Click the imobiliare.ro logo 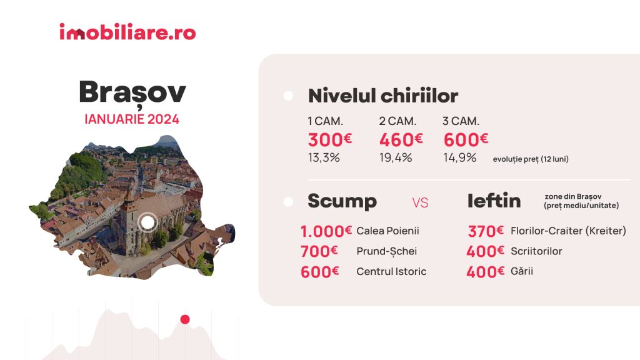(127, 32)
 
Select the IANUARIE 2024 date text (132, 119)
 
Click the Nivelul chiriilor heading (383, 96)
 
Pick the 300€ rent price (330, 139)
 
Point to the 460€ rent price (401, 139)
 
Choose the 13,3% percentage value (324, 157)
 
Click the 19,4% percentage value (396, 157)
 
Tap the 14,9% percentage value (459, 157)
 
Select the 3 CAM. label (461, 121)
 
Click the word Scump (342, 201)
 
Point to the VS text (420, 203)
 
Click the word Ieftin (494, 201)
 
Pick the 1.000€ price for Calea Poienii (326, 231)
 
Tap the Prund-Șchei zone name (386, 251)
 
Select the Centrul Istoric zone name (391, 271)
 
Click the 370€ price (485, 231)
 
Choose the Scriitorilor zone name (536, 251)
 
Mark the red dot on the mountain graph (185, 319)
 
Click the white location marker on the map (147, 222)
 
